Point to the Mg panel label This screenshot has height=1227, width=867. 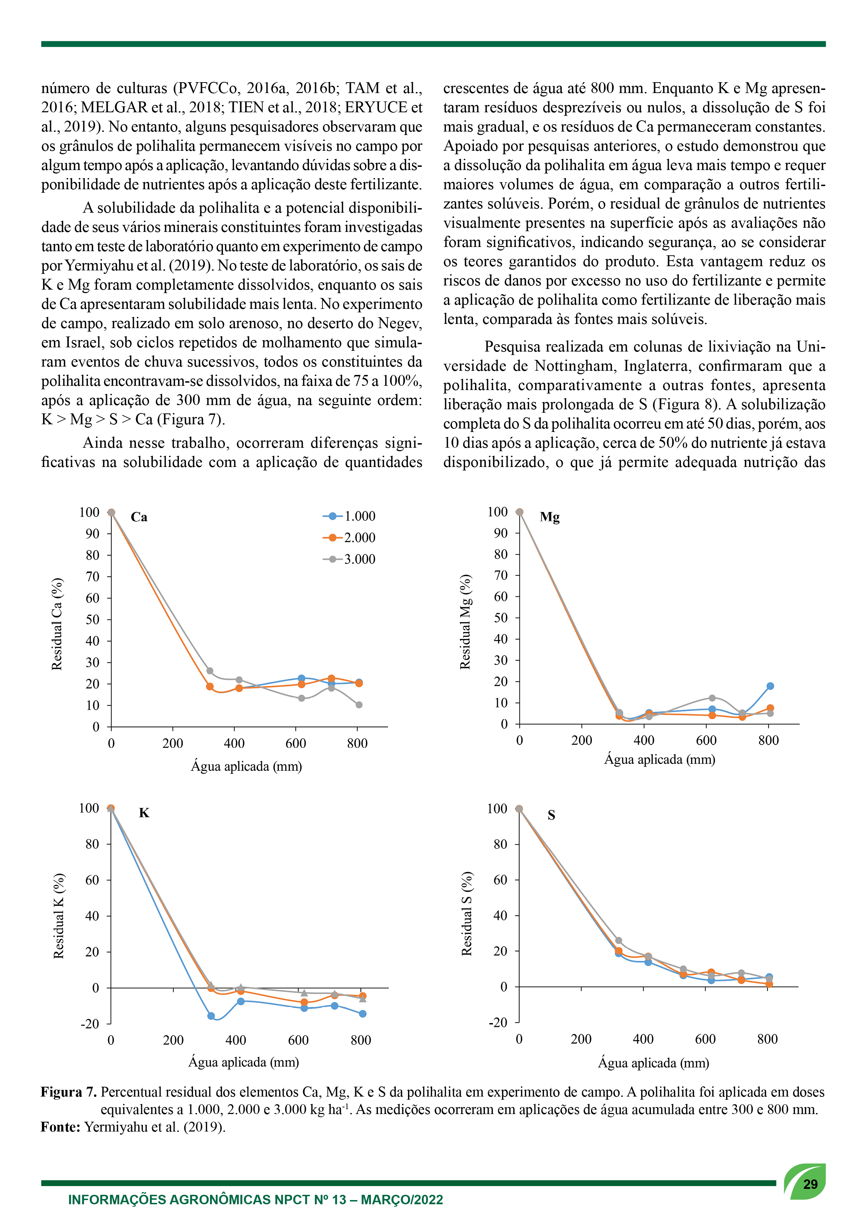[550, 517]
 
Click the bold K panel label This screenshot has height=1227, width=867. [144, 813]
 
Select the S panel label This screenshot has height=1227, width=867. [551, 815]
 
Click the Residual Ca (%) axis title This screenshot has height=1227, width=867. [57, 624]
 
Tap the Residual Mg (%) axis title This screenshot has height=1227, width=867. [466, 622]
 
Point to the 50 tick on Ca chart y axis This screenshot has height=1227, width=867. [92, 620]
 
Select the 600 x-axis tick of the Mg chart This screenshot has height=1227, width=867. [706, 740]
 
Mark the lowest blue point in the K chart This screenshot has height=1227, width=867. [211, 1016]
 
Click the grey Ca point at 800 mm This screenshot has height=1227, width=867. [359, 705]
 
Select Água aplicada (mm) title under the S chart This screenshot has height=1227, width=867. [653, 1063]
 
